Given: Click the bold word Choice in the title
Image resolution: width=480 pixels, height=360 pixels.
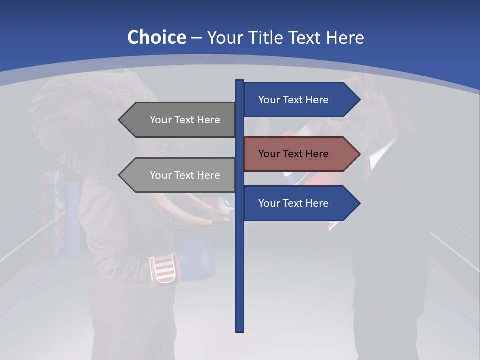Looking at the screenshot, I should point(156,37).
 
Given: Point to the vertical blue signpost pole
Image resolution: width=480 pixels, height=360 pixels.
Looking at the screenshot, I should point(239,270).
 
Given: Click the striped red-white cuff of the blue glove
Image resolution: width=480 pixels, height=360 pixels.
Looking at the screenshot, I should point(163,269).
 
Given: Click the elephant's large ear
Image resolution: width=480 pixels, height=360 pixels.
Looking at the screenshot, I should point(55,120).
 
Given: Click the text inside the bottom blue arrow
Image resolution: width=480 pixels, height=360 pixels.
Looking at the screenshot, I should point(293,203).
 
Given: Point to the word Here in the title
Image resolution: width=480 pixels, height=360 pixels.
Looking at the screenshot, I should point(345,37).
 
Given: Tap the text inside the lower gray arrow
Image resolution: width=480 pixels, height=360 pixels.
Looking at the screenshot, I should point(185,175).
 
